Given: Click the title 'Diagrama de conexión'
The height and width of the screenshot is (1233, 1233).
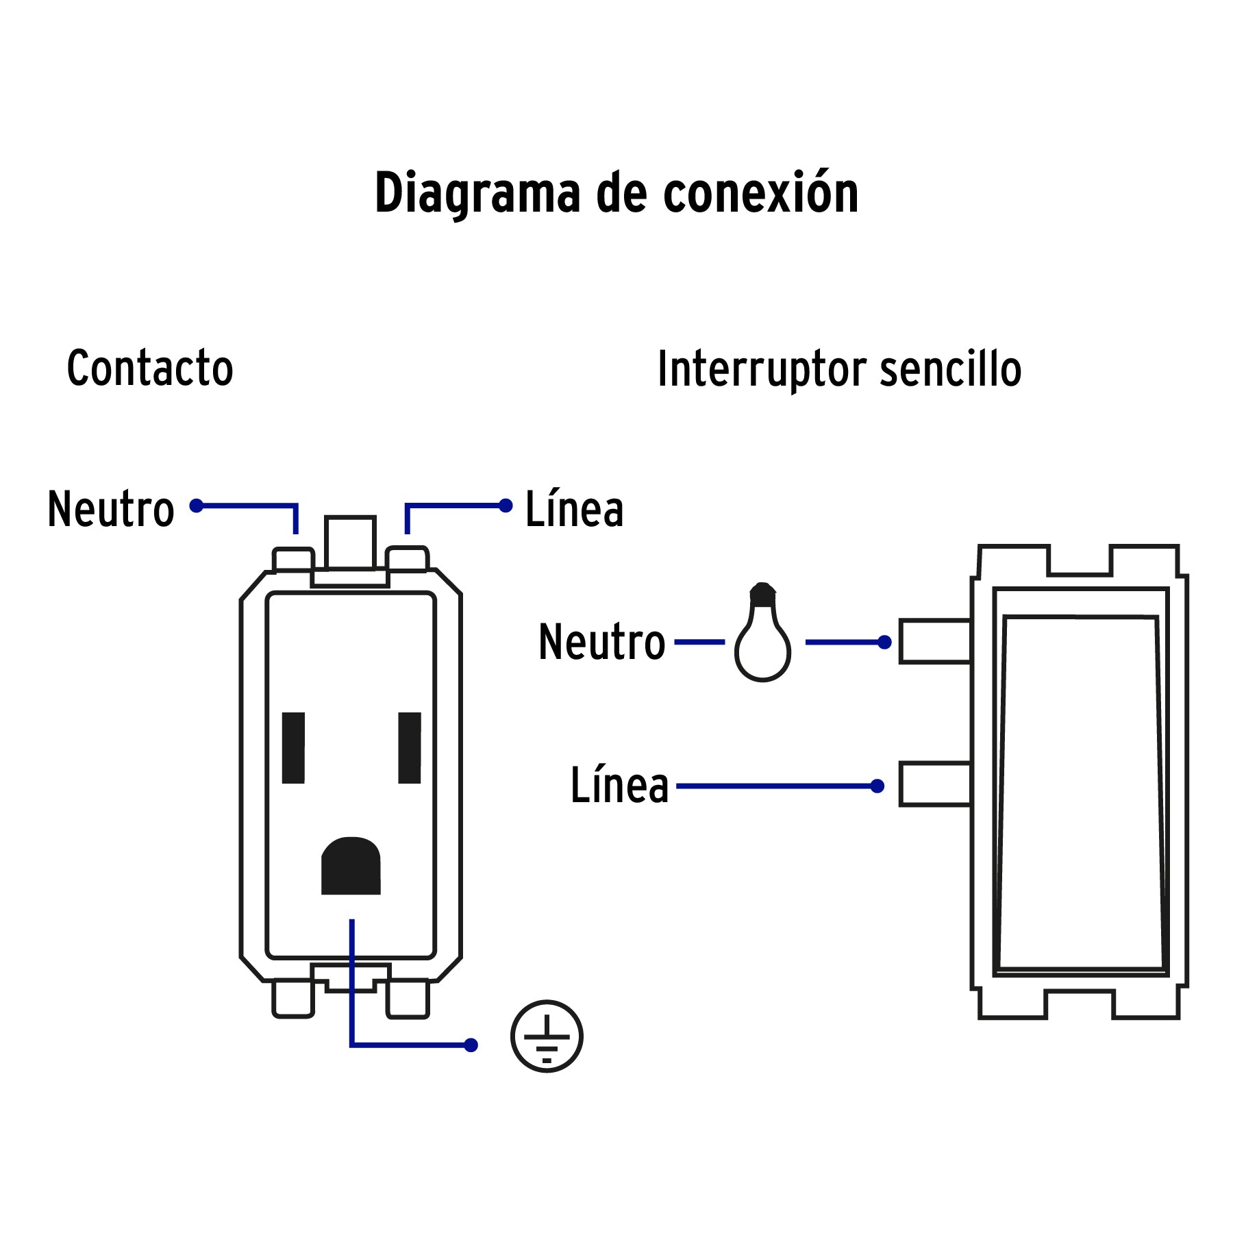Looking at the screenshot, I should (x=616, y=194).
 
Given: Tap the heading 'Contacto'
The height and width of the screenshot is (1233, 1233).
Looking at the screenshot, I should (x=150, y=368).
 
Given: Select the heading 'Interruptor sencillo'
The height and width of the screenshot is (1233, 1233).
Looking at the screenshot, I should (x=839, y=370).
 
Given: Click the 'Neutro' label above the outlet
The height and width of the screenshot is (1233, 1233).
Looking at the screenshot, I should (x=111, y=509).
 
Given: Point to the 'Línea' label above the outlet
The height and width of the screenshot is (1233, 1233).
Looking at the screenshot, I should (x=574, y=509).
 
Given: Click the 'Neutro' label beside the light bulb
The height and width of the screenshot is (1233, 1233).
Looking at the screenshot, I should (x=601, y=642).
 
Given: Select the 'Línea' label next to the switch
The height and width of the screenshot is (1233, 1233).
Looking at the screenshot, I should (x=619, y=785).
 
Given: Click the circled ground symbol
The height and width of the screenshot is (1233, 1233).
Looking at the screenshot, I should (x=546, y=1036).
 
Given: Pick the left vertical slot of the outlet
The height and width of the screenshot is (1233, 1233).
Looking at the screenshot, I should (x=293, y=747).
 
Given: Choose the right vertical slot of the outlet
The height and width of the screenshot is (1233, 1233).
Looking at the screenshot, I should (x=410, y=747).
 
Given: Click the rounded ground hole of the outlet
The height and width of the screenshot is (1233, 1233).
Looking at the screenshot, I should (x=351, y=866).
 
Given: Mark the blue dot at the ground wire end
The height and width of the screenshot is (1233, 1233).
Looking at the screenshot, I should (x=471, y=1045).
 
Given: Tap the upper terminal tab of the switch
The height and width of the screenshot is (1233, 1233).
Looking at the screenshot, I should (x=934, y=641).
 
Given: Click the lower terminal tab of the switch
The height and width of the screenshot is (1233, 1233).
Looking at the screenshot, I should (x=934, y=784).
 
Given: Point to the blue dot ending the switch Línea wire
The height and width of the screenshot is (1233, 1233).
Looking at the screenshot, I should (x=877, y=786).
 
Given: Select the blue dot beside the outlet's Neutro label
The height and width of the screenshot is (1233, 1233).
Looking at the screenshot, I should (x=197, y=506).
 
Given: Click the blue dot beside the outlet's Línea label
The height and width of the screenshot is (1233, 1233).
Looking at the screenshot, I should (x=506, y=506).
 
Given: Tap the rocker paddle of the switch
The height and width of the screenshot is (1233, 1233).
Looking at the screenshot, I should (x=1080, y=791).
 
